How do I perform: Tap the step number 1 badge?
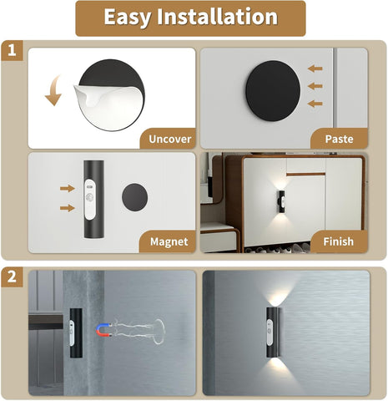12,51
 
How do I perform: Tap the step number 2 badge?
12,277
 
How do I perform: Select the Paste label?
338,138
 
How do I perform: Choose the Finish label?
338,242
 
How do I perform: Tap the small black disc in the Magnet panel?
134,198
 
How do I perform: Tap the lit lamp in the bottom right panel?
273,334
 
